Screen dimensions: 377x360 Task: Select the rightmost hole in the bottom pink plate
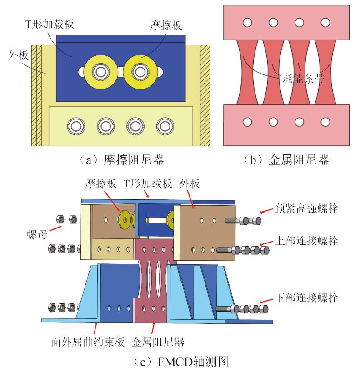325,122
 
